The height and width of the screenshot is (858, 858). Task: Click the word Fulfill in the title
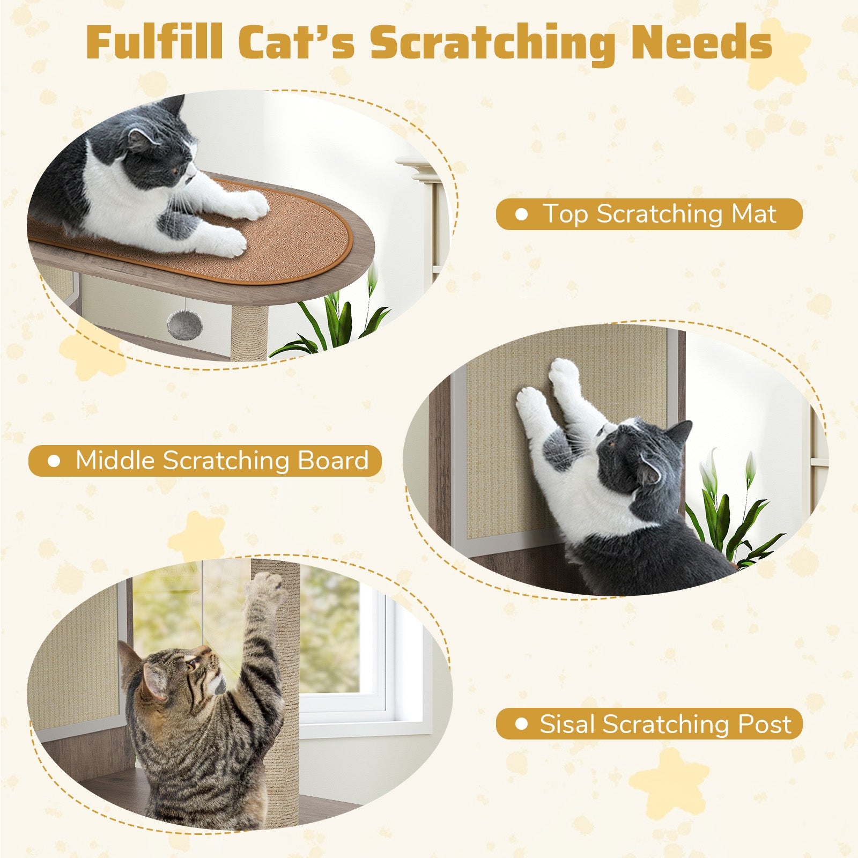tap(154, 43)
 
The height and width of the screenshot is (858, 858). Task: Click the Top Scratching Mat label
tap(649, 214)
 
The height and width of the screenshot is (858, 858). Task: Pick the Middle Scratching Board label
tap(205, 461)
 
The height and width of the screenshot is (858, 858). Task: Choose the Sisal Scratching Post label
tap(649, 724)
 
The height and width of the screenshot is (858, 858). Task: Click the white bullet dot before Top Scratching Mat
tap(521, 214)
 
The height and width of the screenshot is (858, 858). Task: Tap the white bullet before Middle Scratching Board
tap(54, 461)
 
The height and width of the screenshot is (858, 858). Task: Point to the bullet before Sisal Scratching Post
tap(521, 724)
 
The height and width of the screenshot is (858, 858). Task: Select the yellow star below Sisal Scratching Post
tap(668, 783)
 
